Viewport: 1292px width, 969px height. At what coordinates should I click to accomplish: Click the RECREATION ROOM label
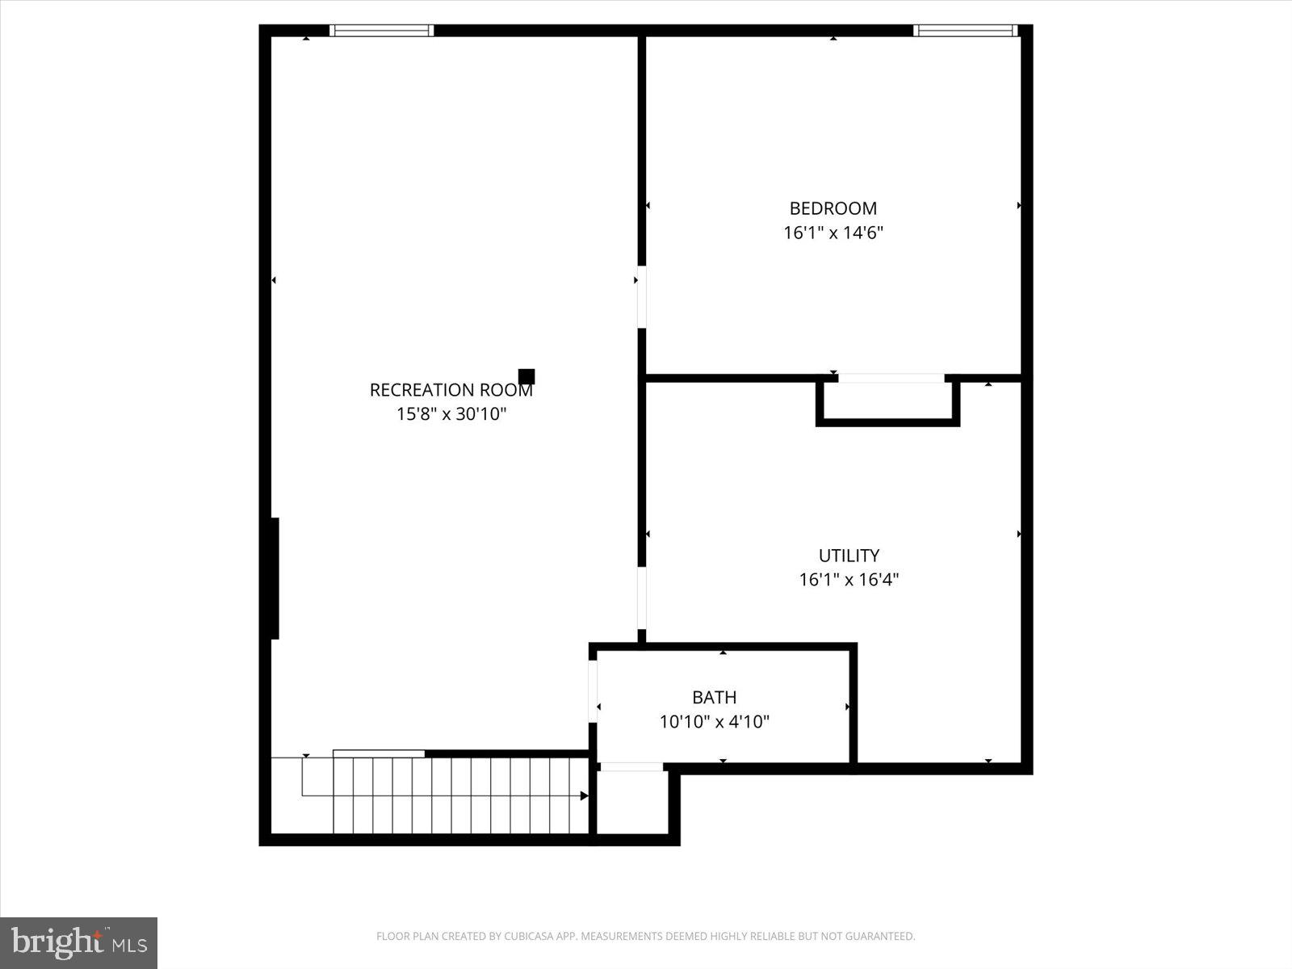click(x=451, y=390)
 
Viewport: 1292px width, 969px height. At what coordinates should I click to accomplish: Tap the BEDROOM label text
click(x=833, y=208)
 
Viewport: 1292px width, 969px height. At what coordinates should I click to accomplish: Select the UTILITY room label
click(x=849, y=556)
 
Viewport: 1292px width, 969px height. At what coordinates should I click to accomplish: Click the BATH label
click(x=714, y=697)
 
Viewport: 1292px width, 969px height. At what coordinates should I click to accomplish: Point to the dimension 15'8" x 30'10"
click(x=451, y=414)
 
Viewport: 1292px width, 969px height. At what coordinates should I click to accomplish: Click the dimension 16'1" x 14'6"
click(x=833, y=233)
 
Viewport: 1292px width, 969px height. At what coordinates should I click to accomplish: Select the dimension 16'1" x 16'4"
click(x=849, y=580)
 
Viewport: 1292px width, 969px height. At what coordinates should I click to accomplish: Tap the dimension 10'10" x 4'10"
click(x=714, y=722)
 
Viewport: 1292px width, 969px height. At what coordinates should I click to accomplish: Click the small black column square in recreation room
click(x=526, y=376)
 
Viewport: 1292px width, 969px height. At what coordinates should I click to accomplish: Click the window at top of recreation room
click(x=382, y=31)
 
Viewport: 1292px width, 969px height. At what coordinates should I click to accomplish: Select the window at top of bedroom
click(x=965, y=31)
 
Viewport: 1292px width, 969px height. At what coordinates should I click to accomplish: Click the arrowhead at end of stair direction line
click(x=584, y=796)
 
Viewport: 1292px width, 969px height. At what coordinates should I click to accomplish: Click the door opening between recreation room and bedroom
click(x=642, y=296)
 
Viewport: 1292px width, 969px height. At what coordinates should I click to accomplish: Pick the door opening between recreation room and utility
click(x=642, y=598)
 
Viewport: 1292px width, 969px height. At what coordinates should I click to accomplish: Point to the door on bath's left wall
click(x=593, y=691)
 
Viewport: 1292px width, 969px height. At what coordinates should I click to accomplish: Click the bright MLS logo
click(x=78, y=942)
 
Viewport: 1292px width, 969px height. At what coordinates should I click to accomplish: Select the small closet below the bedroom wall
click(x=888, y=401)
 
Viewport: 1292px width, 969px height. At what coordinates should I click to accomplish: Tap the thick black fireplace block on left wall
click(x=275, y=578)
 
